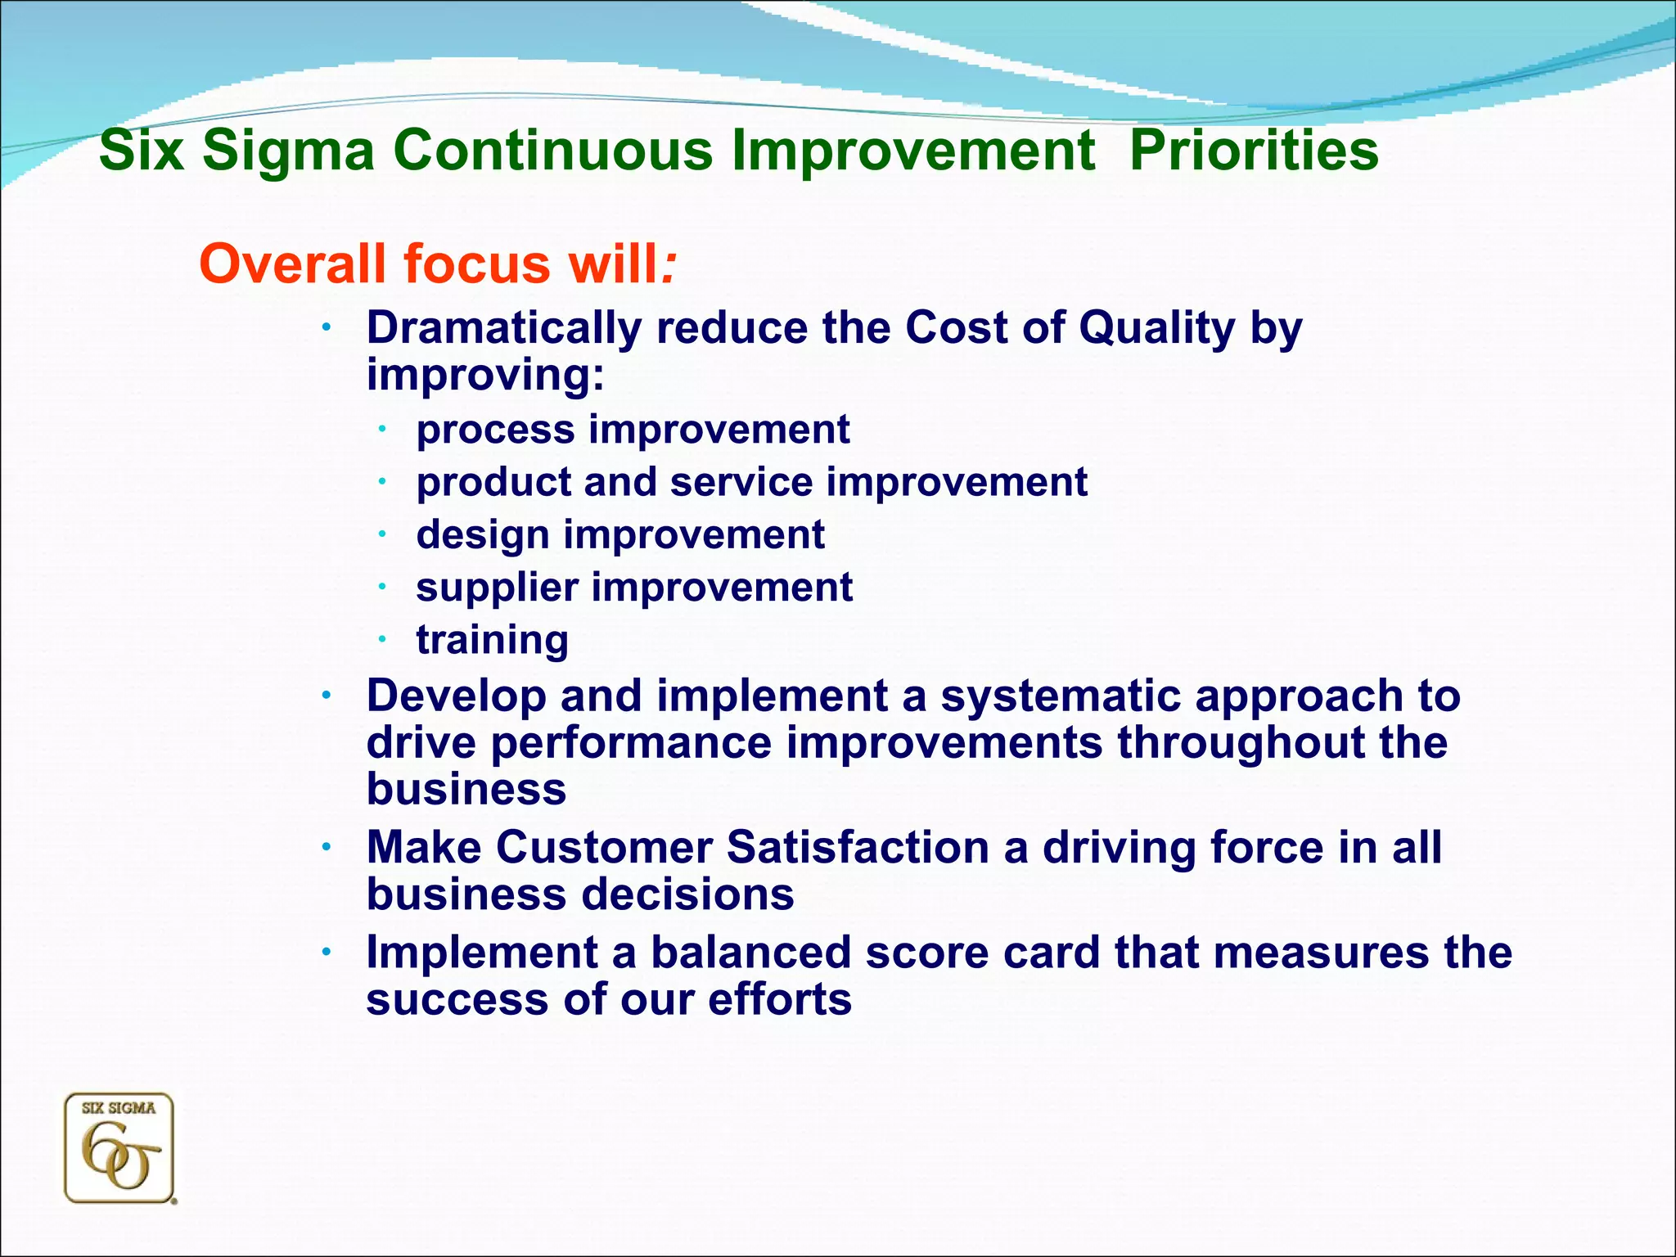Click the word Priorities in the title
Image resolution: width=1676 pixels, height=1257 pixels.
1254,151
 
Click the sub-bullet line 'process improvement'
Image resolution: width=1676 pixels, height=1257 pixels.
633,430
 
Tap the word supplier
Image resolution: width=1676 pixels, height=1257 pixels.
497,588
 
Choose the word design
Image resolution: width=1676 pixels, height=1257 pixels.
482,535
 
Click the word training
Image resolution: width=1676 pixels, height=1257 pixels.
492,640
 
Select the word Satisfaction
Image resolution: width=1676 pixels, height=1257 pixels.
858,847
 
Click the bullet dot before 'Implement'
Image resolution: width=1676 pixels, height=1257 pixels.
326,952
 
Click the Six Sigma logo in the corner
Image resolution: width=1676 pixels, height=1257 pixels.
119,1148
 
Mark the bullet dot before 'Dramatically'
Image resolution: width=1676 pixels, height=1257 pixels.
326,327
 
